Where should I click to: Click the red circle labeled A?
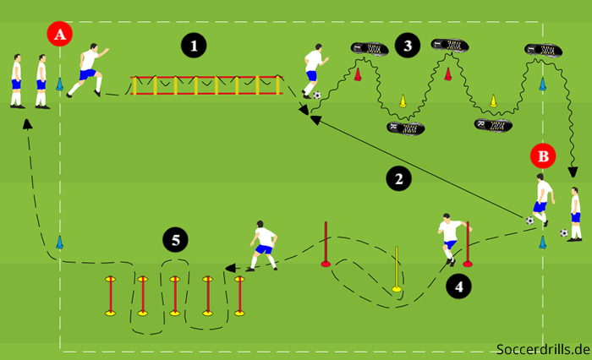coord(60,35)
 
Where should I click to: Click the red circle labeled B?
coord(544,155)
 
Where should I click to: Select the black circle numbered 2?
coord(399,177)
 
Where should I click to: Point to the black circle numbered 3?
coord(408,46)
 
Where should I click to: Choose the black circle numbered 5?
coord(175,240)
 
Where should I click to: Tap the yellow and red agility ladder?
coord(206,85)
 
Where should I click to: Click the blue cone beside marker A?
coord(60,85)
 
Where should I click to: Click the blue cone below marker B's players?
coord(543,243)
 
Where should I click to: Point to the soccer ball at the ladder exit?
coord(316,95)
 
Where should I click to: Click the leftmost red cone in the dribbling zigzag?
coord(358,75)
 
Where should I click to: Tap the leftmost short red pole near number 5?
coord(110,296)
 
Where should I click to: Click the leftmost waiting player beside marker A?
coord(17,81)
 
